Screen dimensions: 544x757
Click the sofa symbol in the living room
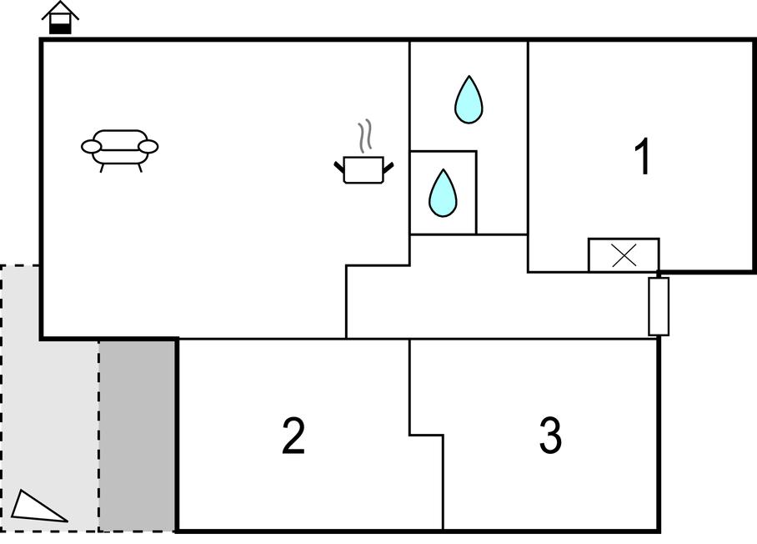point(120,149)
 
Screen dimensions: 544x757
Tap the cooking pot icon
point(363,170)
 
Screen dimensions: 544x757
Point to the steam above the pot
point(364,137)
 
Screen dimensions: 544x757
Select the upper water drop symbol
point(469,100)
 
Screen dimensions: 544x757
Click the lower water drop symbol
point(443,194)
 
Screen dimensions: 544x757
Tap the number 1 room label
point(642,156)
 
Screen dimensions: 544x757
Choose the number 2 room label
point(293,436)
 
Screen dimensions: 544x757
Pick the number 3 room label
point(550,436)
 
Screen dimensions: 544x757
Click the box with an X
point(624,255)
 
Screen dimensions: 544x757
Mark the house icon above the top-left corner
point(60,18)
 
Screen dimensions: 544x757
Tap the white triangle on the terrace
point(37,506)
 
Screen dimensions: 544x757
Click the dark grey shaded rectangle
point(138,434)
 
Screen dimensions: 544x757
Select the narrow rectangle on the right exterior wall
point(659,306)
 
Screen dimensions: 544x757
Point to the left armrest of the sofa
point(90,147)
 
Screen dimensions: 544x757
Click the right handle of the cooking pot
point(388,167)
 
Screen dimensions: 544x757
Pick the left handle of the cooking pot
point(339,168)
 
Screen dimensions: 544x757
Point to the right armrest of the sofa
point(148,147)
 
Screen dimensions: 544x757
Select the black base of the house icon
point(60,28)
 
